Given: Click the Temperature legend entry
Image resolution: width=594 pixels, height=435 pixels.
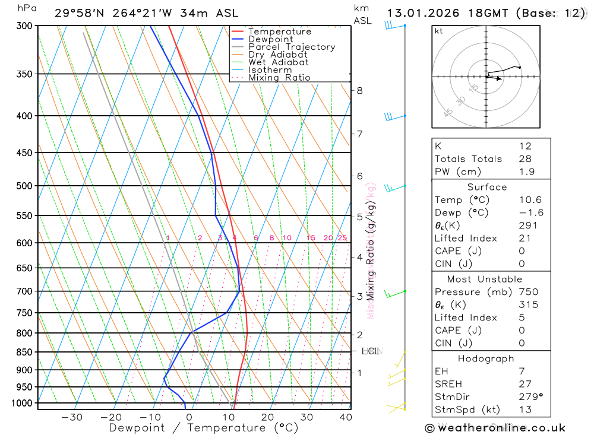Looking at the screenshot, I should (x=279, y=31).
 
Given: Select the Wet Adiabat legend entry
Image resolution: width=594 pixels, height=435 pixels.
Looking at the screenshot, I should (x=278, y=62).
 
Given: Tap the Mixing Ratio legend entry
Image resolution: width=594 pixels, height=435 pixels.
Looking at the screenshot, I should (x=279, y=78).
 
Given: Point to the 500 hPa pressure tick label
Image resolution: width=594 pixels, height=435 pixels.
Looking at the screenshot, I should (x=25, y=186).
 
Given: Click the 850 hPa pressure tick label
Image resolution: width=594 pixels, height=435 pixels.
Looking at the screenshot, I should (x=25, y=352).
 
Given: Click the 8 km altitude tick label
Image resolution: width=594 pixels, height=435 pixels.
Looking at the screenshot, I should (x=359, y=91).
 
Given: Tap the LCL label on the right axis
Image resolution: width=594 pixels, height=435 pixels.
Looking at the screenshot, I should (x=370, y=351).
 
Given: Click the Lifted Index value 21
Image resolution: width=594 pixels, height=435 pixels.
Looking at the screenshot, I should (x=525, y=238).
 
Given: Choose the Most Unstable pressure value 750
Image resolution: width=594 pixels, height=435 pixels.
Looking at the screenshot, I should (x=528, y=292).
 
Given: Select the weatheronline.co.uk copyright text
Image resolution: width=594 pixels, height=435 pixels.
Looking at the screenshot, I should (x=495, y=428).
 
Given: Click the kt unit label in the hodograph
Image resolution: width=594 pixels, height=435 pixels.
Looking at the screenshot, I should (x=439, y=31).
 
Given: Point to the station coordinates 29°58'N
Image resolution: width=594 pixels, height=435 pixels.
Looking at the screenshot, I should (x=80, y=13).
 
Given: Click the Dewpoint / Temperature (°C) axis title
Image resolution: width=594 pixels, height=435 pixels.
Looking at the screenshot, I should (x=203, y=428).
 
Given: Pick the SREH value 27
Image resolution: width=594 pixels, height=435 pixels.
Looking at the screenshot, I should (x=525, y=384).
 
